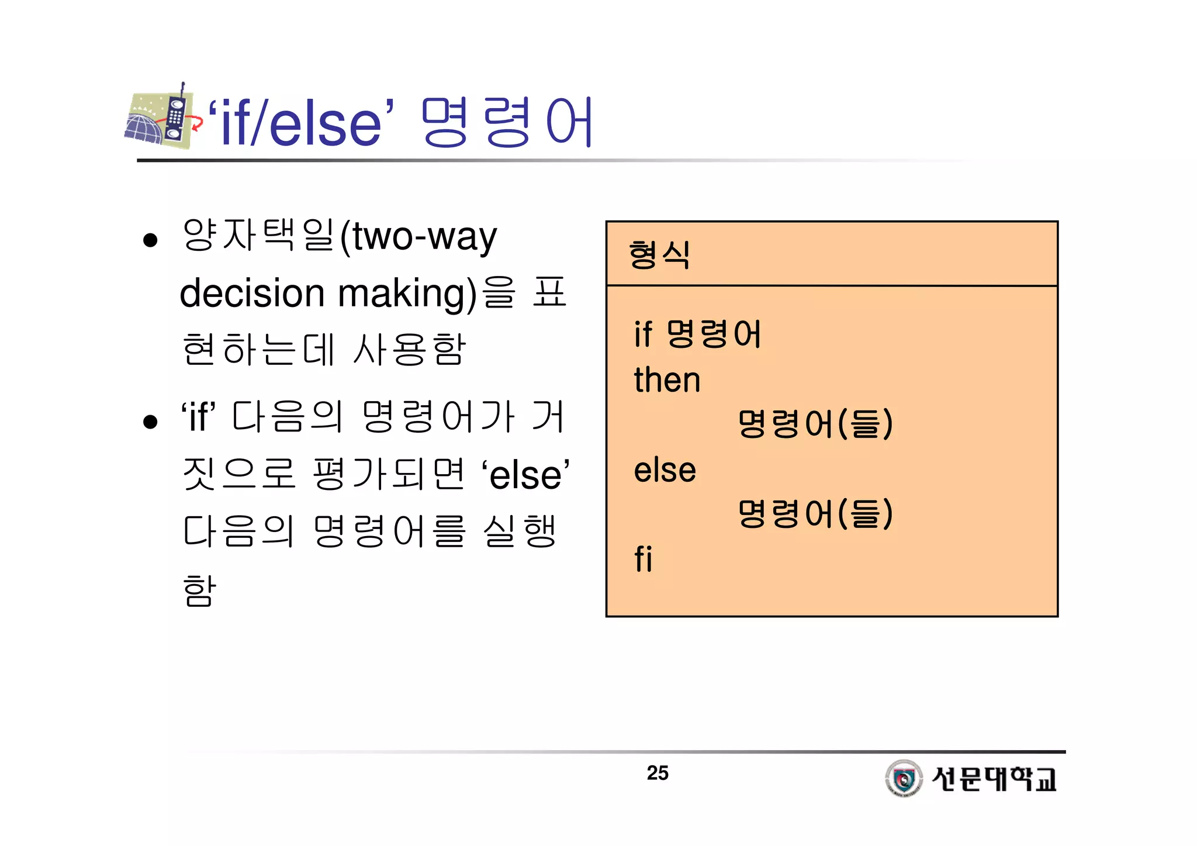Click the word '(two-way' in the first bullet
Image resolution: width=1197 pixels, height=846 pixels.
(x=418, y=237)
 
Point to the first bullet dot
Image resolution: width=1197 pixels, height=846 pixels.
(x=150, y=240)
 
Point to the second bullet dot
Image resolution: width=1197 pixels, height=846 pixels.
(x=150, y=422)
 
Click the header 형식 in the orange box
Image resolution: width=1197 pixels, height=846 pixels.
(x=659, y=255)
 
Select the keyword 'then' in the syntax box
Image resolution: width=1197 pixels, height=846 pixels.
(x=667, y=380)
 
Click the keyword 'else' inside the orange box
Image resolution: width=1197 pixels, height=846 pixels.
(x=665, y=470)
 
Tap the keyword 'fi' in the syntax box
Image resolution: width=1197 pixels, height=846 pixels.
(x=643, y=559)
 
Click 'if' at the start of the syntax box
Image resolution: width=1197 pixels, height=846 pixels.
(x=642, y=334)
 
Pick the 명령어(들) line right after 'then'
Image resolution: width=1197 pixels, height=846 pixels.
(x=815, y=423)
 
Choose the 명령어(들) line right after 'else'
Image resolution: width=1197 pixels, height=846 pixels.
(x=815, y=513)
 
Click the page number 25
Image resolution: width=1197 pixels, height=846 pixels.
(x=658, y=773)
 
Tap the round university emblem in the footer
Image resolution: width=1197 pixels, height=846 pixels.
(x=904, y=778)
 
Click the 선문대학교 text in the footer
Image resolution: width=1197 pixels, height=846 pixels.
(x=994, y=779)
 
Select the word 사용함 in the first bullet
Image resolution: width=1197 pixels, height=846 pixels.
(x=409, y=350)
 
